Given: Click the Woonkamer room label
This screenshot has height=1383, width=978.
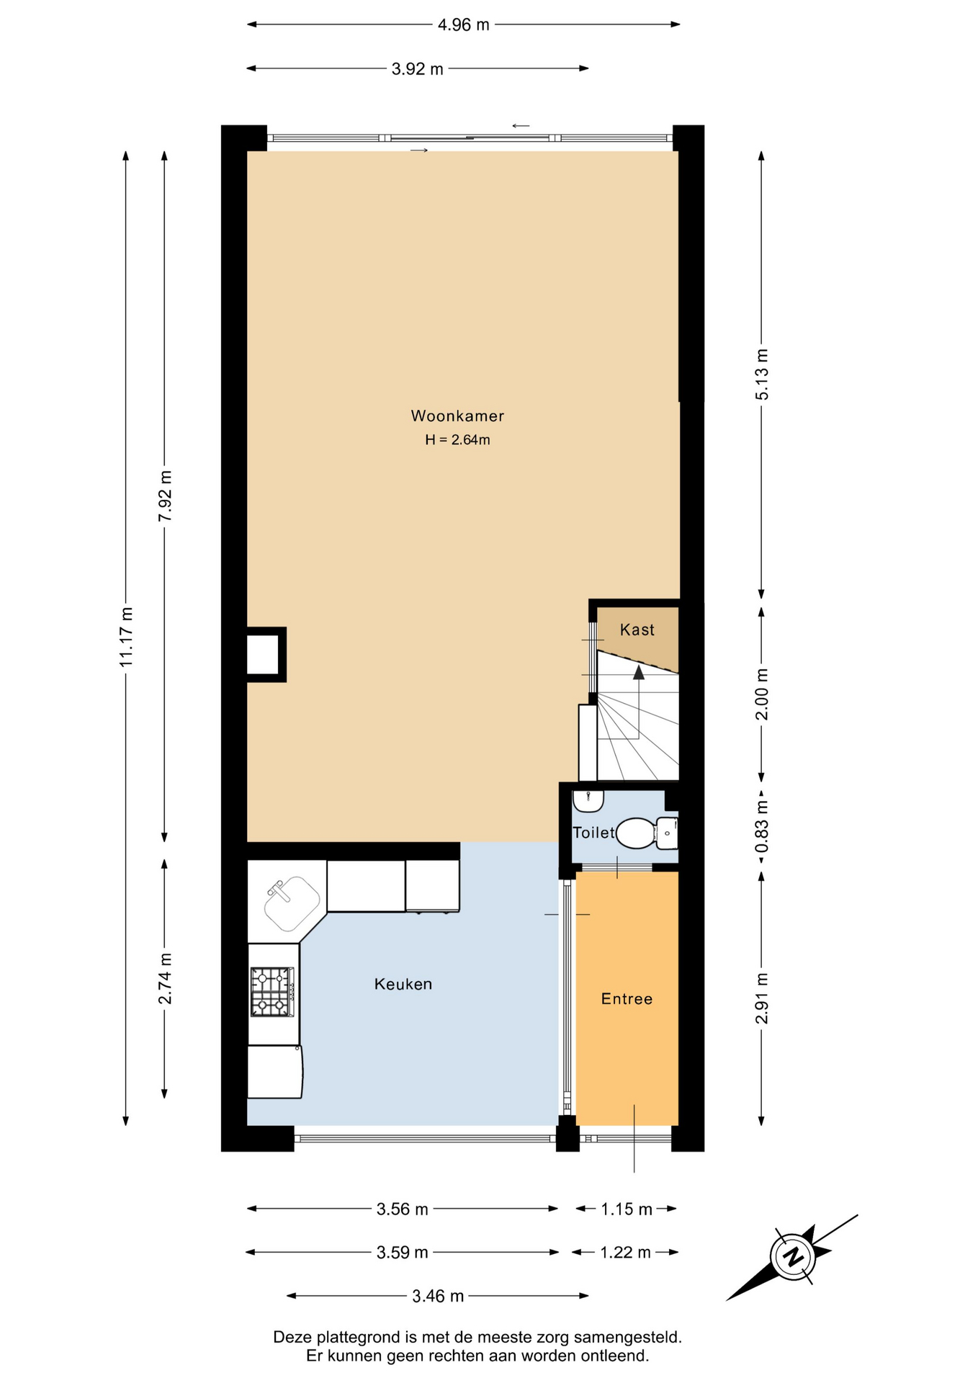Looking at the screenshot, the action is [x=457, y=416].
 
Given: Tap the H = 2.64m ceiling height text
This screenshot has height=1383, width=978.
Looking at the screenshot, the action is [x=457, y=439].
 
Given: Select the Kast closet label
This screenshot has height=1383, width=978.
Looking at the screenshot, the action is [x=637, y=630].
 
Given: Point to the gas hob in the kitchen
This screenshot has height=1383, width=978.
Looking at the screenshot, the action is [x=272, y=992].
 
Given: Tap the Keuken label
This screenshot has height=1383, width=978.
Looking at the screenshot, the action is [x=403, y=984].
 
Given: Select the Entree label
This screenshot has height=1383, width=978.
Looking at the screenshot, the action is [x=627, y=998].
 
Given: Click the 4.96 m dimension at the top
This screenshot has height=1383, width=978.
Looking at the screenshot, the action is [x=464, y=24].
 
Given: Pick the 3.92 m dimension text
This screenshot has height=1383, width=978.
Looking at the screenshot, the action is [x=418, y=69].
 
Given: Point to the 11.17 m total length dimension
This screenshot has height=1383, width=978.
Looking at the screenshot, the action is [x=126, y=636].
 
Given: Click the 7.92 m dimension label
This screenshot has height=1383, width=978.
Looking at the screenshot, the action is [x=165, y=497].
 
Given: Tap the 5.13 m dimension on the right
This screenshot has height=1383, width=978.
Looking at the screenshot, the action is [x=761, y=375].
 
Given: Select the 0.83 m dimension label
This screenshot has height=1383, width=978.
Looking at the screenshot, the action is [x=761, y=826].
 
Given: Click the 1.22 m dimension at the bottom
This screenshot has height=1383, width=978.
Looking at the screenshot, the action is [x=626, y=1253].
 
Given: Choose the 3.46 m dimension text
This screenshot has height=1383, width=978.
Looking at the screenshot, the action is [x=438, y=1297].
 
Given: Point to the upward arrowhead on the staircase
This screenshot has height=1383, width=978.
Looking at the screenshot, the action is [x=639, y=673].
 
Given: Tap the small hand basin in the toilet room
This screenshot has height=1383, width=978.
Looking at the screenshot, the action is [x=588, y=800].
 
